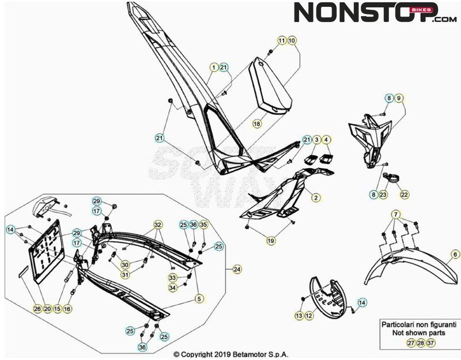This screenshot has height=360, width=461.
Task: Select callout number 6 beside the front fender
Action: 455,254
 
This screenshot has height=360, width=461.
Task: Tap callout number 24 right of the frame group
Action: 237,270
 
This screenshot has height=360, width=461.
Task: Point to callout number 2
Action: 316,198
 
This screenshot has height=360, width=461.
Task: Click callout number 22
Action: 404,195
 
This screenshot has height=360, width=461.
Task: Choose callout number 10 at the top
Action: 292,40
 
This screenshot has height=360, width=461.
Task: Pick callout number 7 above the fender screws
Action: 396,215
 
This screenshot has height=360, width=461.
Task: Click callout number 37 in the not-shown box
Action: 430,343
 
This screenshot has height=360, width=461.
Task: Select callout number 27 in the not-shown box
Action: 410,343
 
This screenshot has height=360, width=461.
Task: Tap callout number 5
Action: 199,299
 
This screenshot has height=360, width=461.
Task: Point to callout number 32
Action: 157,224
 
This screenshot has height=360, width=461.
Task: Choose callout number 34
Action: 172,287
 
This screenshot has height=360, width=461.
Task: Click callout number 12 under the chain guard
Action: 309,316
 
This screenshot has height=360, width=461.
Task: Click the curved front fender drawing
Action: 409,271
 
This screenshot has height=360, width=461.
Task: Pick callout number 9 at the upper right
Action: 399,98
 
